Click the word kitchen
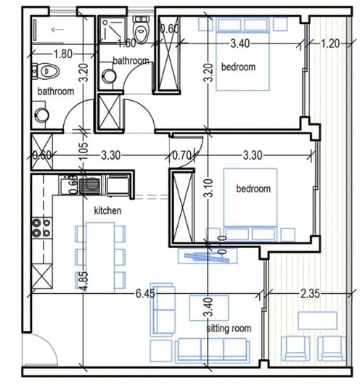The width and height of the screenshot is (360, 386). pos(107,210)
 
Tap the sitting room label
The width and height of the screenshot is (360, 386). pos(229,329)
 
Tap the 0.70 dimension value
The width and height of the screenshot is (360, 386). pos(181,154)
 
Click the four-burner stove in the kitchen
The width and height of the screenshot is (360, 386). pos(39,229)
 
